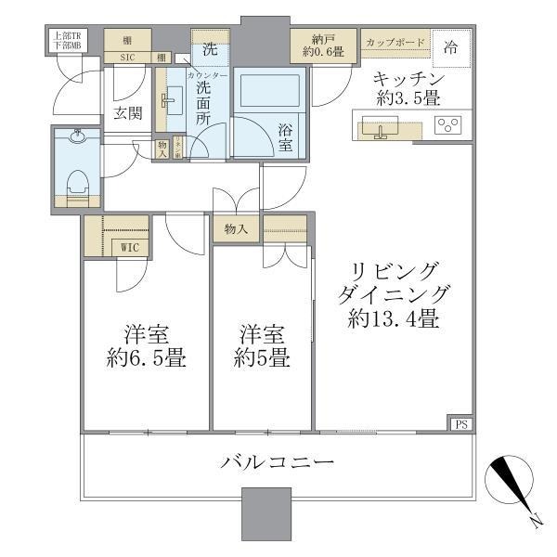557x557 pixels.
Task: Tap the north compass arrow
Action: pos(508,487)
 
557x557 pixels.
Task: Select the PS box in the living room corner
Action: pos(460,424)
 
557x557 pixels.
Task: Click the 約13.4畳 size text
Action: pos(394,320)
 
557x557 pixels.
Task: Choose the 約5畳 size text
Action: pos(259,358)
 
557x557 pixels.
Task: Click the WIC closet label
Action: pos(130,247)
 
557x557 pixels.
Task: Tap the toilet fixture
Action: pos(78,175)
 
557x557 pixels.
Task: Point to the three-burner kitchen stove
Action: pos(448,125)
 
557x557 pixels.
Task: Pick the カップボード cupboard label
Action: pos(395,43)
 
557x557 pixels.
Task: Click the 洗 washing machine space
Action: pos(210,46)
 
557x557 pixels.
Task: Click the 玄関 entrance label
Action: pos(127,113)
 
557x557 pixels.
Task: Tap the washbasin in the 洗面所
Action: pos(174,97)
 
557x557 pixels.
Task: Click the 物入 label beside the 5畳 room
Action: pos(235,228)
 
